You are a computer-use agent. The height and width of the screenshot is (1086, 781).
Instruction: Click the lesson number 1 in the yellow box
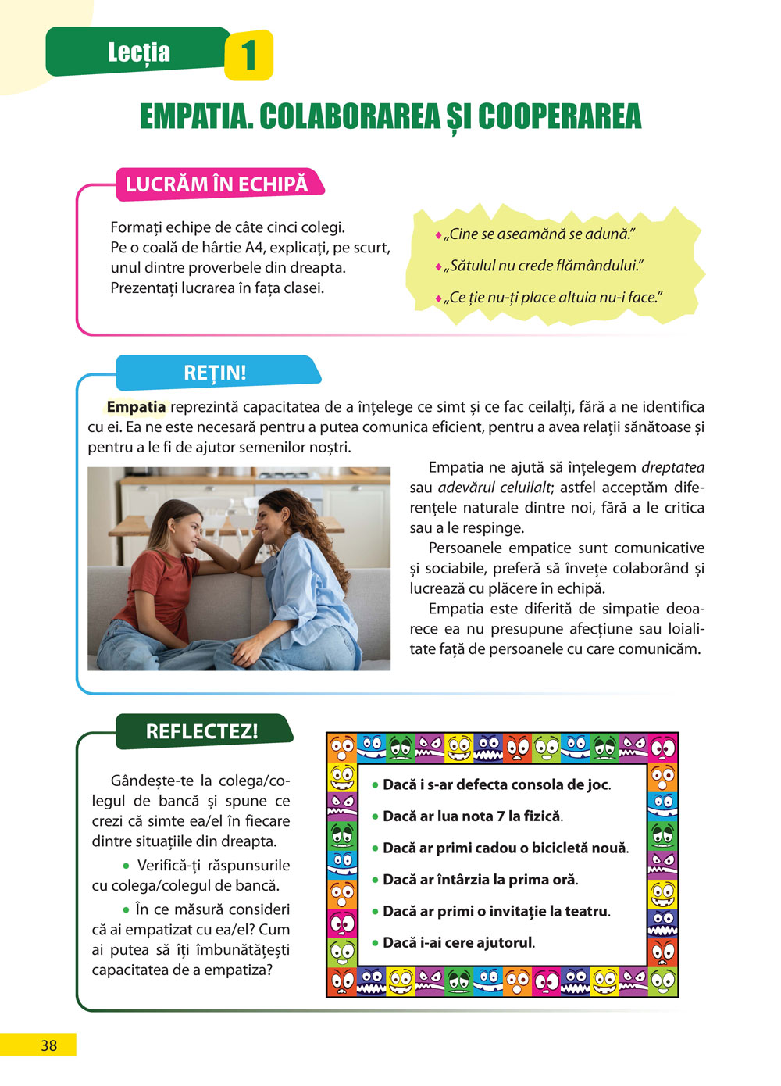[248, 55]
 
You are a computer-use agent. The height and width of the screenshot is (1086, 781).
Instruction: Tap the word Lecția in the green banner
[139, 52]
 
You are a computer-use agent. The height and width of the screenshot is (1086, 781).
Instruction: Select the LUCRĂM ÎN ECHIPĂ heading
[216, 184]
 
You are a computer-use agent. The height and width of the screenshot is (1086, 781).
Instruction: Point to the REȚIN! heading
[215, 373]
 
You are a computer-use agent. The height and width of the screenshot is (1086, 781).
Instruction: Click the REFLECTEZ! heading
[201, 731]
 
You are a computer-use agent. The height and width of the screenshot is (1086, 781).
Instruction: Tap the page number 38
[48, 1045]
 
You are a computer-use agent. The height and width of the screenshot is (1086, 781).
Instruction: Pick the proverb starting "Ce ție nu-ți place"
[553, 298]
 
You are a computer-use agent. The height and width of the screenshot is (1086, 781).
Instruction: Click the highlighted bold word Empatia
[136, 407]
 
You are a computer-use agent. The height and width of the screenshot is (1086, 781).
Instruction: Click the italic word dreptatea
[672, 468]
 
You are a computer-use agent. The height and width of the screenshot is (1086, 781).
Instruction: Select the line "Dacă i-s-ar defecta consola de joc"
[496, 784]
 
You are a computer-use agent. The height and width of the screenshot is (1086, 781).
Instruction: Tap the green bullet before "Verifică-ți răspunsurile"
[126, 866]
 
